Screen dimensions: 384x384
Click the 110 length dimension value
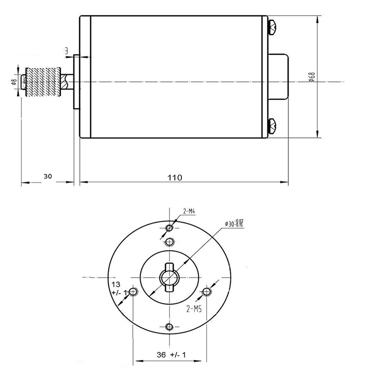[x=175, y=177]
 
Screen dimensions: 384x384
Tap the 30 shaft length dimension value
[x=48, y=176]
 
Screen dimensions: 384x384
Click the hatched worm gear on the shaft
[x=43, y=82]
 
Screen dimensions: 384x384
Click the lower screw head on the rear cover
[x=273, y=126]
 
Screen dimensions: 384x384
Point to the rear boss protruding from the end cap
[x=279, y=76]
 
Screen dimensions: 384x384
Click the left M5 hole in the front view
[x=134, y=292]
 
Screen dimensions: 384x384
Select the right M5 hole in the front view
[x=206, y=292]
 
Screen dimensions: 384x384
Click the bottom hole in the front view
[x=168, y=327]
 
